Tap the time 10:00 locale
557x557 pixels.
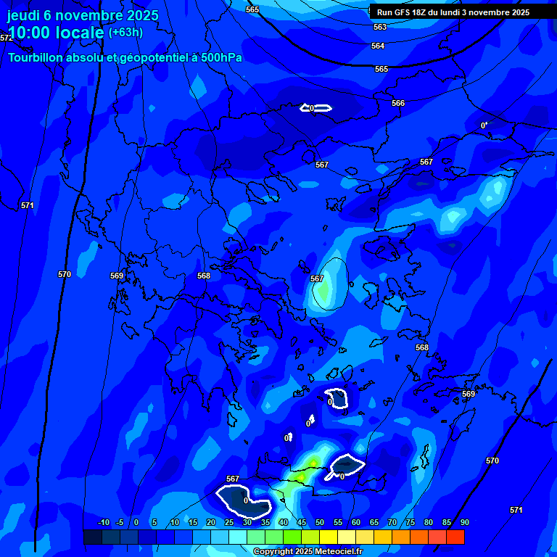pyautogui.click(x=56, y=32)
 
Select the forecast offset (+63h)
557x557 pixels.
pyautogui.click(x=125, y=33)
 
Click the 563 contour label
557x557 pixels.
pyautogui.click(x=379, y=27)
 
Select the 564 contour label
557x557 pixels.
pyautogui.click(x=378, y=46)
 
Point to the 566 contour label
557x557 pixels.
pyautogui.click(x=398, y=104)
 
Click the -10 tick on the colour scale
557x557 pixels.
pyautogui.click(x=103, y=522)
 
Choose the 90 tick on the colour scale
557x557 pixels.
pyautogui.click(x=464, y=522)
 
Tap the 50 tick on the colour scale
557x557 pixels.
pyautogui.click(x=319, y=522)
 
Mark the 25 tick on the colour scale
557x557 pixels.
pyautogui.click(x=228, y=522)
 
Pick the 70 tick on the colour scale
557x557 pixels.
pyautogui.click(x=392, y=522)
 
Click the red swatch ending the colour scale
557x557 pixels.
pyautogui.click(x=455, y=537)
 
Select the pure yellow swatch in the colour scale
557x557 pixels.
pyautogui.click(x=329, y=537)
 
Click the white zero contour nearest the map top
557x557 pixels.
pyautogui.click(x=316, y=108)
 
